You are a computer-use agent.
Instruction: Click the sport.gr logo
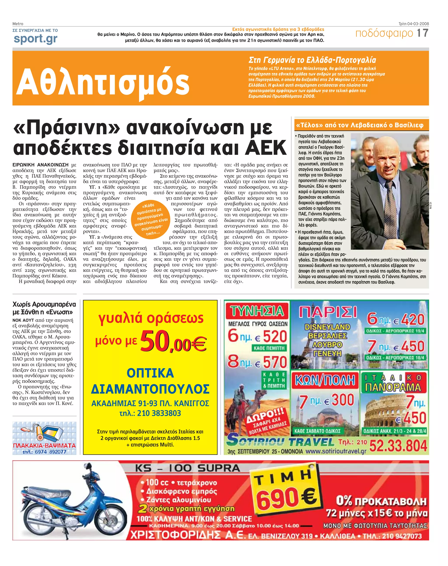pyautogui.click(x=35, y=39)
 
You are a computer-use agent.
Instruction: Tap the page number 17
pyautogui.click(x=423, y=33)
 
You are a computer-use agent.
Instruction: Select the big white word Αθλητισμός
pyautogui.click(x=103, y=82)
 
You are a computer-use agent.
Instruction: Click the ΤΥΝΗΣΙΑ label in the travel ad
pyautogui.click(x=257, y=311)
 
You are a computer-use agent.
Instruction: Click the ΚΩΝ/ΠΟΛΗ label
pyautogui.click(x=325, y=380)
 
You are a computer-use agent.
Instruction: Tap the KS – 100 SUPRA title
pyautogui.click(x=187, y=468)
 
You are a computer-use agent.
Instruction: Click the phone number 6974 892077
pyautogui.click(x=50, y=452)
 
